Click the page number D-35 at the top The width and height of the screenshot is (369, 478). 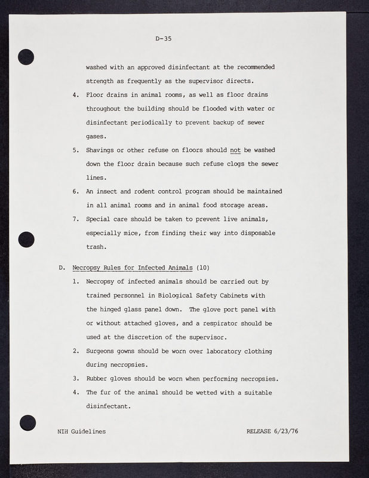tap(163, 39)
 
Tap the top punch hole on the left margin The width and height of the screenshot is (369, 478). tap(26, 57)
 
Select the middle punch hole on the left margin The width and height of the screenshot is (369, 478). tap(26, 240)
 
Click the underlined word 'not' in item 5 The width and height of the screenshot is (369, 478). tap(235, 149)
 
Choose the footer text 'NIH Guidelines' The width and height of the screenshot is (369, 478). tap(82, 431)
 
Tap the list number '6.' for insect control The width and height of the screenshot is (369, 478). tap(76, 191)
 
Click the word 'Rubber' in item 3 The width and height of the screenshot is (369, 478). tap(98, 378)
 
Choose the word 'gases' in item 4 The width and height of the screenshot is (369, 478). tap(96, 136)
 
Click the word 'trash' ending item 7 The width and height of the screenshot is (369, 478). tap(96, 246)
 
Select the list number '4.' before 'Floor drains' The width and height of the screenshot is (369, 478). tap(76, 94)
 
